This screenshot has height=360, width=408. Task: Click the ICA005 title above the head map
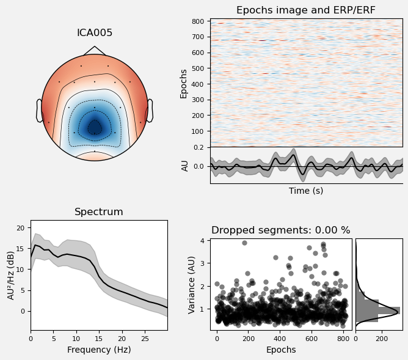(94, 33)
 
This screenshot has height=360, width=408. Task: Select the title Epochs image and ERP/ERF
(306, 10)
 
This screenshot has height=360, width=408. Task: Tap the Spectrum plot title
(99, 212)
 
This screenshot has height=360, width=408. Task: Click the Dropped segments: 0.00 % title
(281, 230)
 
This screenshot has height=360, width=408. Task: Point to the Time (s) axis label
(306, 191)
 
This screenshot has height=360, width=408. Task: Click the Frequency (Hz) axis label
(99, 350)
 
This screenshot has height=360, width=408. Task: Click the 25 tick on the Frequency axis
(145, 337)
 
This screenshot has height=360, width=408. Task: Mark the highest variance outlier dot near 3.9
(244, 243)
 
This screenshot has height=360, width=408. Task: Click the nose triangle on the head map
(94, 50)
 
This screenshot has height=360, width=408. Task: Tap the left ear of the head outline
(39, 111)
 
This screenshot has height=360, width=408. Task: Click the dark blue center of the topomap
(94, 127)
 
